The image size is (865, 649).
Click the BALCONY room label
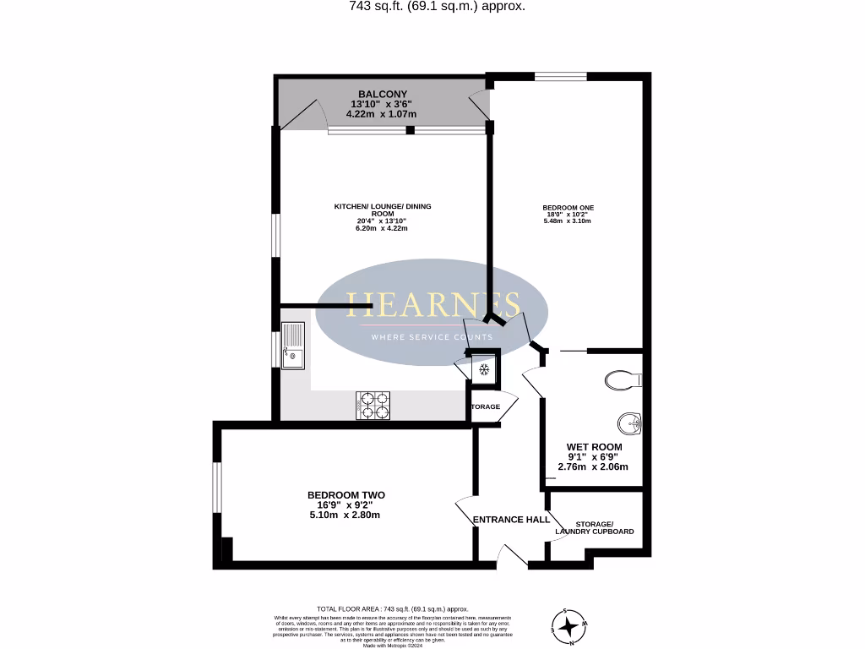coord(382,94)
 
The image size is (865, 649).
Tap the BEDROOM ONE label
coord(568,207)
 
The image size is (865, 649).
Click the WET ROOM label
coord(594,447)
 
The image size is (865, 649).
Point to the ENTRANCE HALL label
coord(511,519)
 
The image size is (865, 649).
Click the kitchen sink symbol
coord(293,346)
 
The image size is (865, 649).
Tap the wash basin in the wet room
coord(629,422)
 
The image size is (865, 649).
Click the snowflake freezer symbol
coord(484,369)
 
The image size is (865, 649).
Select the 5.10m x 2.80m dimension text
coord(344,515)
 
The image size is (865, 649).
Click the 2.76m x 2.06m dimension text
coord(593,466)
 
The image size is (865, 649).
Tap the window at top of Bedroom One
coord(561,76)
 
